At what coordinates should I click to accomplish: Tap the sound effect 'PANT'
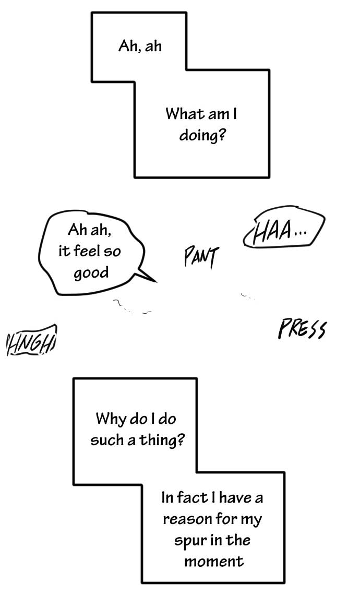pos(201,257)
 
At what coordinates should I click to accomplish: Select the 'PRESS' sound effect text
pos(302,329)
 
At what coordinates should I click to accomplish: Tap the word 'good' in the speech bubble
pos(91,273)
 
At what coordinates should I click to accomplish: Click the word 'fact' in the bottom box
pos(191,497)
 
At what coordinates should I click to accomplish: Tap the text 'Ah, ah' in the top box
pos(140,46)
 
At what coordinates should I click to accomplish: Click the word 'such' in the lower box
pos(106,440)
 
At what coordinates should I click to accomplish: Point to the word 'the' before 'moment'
pos(238,540)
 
